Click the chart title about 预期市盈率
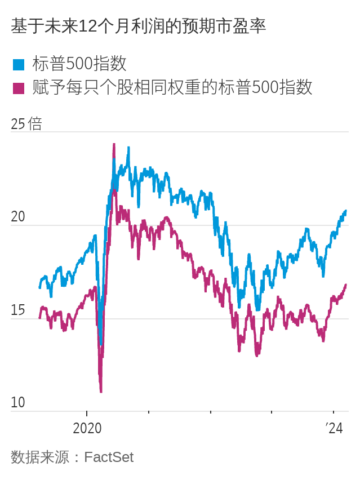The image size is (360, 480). pos(138,26)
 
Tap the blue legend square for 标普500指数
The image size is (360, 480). pos(19,65)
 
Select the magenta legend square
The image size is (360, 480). pos(19,88)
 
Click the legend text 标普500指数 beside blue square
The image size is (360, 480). pos(79,64)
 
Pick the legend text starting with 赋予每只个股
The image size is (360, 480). pos(172,87)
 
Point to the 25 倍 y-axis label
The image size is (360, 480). pos(26,124)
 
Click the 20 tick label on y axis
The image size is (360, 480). pos(18,217)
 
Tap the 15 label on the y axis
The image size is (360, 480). pos(18,310)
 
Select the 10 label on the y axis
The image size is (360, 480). pos(18,402)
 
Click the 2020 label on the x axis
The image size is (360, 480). pos(87,428)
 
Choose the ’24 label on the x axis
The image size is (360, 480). pos(334,428)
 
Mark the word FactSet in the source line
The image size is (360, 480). pos(109,457)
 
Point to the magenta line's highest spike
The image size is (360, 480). pos(114,145)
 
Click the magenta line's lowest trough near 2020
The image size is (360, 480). pos(101,390)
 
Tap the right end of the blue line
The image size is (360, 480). pos(345,211)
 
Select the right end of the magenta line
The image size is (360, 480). pos(346,285)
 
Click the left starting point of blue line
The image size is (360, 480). pos(39,287)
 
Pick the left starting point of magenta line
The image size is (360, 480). pos(39,317)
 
